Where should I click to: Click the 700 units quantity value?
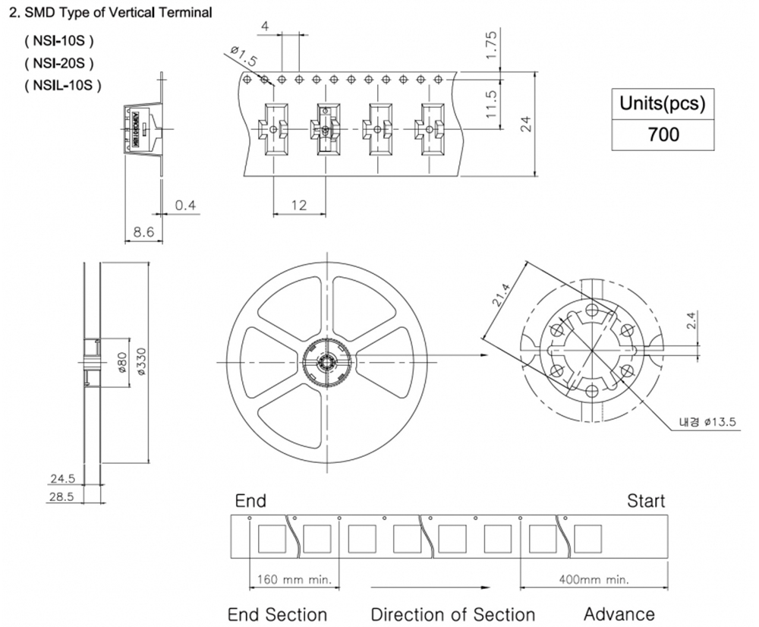click(663, 135)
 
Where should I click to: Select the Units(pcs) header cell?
click(663, 103)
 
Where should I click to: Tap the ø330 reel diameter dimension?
click(140, 362)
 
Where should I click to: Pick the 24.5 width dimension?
click(61, 479)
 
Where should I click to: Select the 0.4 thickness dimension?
click(185, 206)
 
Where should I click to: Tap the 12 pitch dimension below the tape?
click(298, 205)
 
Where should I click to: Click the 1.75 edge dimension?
click(492, 46)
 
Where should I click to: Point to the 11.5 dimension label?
click(492, 104)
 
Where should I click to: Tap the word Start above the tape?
click(645, 501)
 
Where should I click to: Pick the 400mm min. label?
click(594, 579)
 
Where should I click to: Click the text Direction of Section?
click(452, 614)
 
